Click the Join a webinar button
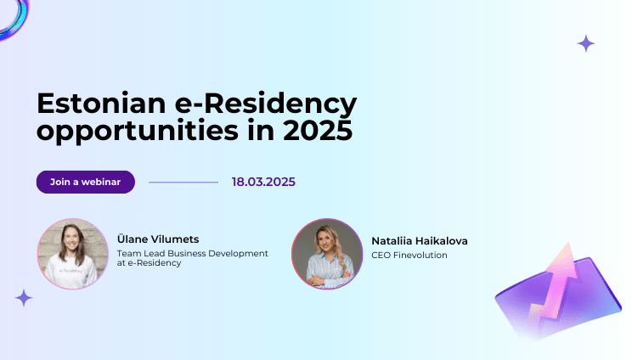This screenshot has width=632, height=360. [x=85, y=182]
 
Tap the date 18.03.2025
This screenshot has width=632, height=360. [x=263, y=182]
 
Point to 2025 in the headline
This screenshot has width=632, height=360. [x=317, y=132]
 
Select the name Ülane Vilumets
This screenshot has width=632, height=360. [x=158, y=239]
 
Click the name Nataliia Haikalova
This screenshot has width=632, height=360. [x=420, y=241]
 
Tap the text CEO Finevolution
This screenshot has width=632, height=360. [x=409, y=255]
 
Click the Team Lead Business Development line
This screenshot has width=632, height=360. [x=193, y=253]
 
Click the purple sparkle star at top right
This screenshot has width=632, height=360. [x=586, y=43]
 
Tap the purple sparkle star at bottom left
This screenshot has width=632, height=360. [x=24, y=297]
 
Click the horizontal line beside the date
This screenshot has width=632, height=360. [x=183, y=182]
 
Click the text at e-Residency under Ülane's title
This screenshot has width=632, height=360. [x=150, y=263]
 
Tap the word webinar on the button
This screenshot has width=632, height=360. [x=103, y=182]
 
